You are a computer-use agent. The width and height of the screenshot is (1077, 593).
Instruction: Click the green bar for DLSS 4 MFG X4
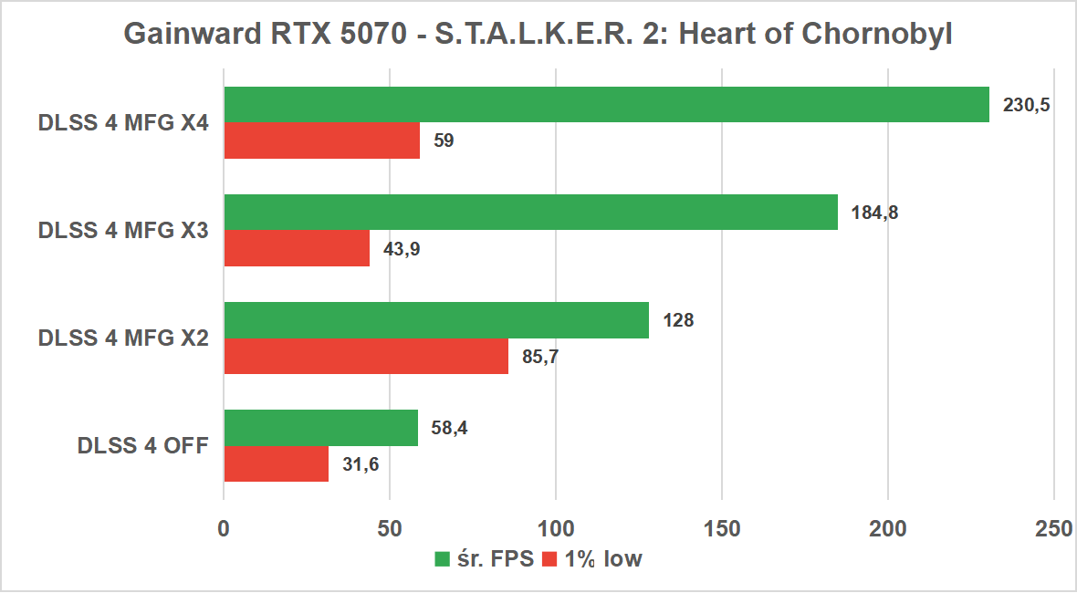(607, 105)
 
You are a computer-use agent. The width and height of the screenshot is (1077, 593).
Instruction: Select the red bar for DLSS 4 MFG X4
(321, 140)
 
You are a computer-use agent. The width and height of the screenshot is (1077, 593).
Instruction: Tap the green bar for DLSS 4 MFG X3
(530, 212)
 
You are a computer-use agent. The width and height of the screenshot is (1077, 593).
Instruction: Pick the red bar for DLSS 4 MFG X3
(297, 248)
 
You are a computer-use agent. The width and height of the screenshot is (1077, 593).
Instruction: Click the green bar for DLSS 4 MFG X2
(436, 320)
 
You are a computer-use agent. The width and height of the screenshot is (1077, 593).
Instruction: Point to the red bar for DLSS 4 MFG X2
(366, 356)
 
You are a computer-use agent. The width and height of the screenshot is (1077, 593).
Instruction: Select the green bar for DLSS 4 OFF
(320, 428)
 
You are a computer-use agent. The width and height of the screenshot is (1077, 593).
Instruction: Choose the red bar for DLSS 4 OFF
(276, 463)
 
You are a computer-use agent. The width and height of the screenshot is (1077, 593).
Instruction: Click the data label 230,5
(1026, 105)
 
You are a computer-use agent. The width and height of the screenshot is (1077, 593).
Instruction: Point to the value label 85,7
(539, 357)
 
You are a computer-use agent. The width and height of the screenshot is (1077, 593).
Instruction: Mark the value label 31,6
(360, 464)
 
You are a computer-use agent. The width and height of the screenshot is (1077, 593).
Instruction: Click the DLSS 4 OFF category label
(143, 446)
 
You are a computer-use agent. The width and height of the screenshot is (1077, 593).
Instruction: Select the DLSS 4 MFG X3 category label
(124, 231)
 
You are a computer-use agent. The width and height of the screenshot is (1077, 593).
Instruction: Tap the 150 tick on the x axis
(722, 528)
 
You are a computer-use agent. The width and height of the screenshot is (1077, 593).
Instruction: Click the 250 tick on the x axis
(1053, 528)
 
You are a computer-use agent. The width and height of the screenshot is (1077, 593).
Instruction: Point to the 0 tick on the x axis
(224, 528)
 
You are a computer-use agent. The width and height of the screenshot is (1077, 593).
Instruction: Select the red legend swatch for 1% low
(550, 559)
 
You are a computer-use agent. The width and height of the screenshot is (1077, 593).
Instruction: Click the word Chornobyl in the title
(877, 34)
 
